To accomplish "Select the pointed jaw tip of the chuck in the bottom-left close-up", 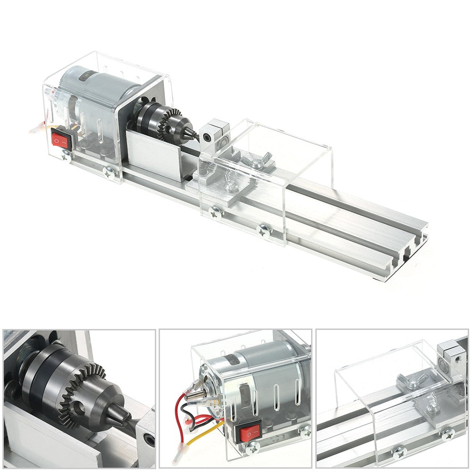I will (124, 417).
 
